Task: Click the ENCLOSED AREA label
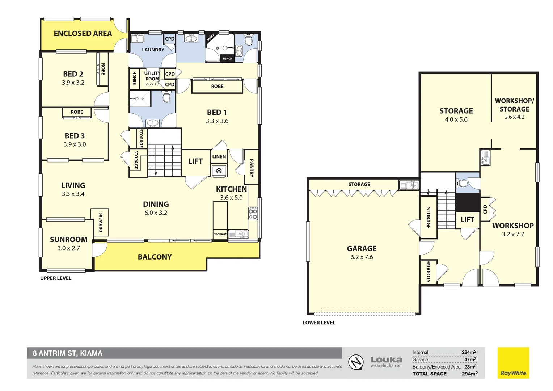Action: tap(83, 34)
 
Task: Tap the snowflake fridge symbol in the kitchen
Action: tap(219, 171)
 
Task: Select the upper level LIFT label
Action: tap(195, 161)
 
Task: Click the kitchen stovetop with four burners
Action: tap(253, 213)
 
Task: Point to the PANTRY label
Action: tap(252, 168)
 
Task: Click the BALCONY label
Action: tap(155, 257)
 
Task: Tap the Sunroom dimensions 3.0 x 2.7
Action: tap(69, 248)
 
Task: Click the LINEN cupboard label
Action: tap(219, 157)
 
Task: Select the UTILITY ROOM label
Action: tap(152, 76)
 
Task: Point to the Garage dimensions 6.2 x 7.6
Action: tap(362, 257)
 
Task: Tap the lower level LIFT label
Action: tap(467, 220)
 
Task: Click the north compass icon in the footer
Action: tap(356, 362)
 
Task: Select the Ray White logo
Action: tap(514, 363)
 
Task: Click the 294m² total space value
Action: tap(469, 374)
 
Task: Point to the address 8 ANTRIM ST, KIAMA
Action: tap(68, 353)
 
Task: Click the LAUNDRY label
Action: tap(153, 50)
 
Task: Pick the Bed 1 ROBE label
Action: tap(217, 86)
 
